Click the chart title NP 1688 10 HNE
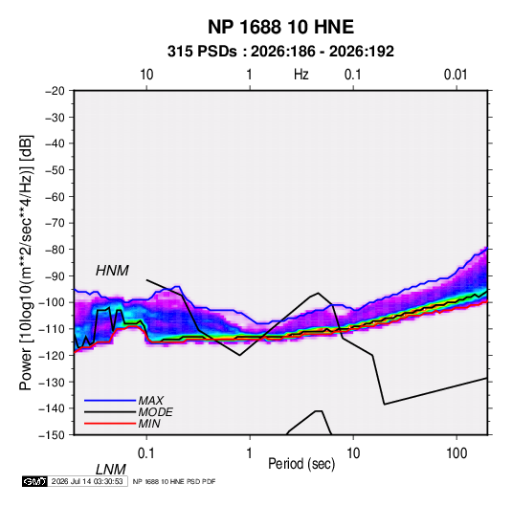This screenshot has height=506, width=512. tap(280, 27)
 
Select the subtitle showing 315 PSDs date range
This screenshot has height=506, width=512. tap(280, 52)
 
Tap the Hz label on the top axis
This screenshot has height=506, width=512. tap(301, 75)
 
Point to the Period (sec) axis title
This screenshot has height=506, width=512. tap(301, 464)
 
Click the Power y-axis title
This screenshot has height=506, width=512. tap(26, 263)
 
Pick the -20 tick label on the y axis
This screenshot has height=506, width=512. tap(55, 91)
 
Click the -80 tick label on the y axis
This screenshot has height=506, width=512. tap(55, 250)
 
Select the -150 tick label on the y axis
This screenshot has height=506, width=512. tap(52, 435)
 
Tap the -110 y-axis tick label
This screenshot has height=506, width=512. tap(52, 329)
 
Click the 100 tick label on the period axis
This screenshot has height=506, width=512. tap(456, 453)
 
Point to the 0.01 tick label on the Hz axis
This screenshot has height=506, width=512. tap(456, 75)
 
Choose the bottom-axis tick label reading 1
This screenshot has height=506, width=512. tap(250, 453)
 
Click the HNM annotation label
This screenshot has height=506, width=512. tap(112, 271)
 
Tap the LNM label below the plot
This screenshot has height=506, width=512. tap(111, 470)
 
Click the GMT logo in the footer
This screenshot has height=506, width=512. tap(35, 481)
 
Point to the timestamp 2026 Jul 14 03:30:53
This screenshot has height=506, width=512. tap(87, 481)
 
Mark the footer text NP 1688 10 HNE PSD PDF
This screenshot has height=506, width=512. tap(174, 481)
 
